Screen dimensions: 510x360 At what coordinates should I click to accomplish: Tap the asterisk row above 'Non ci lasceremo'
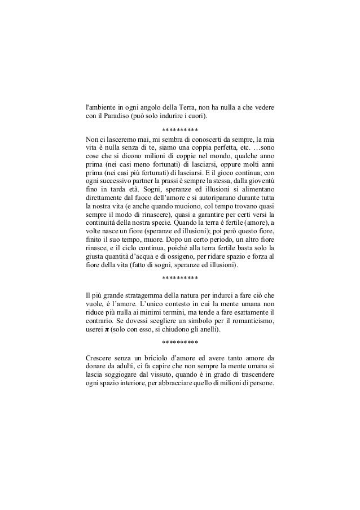(179, 129)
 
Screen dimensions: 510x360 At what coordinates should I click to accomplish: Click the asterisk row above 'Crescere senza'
(179, 343)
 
